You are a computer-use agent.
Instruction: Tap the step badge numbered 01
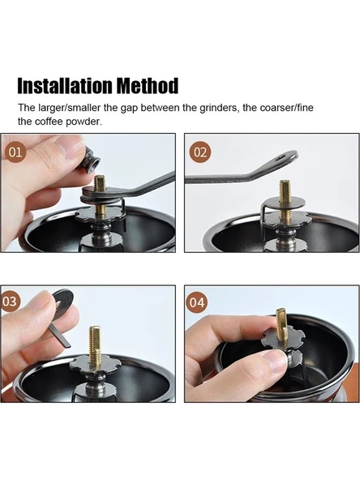click(x=15, y=152)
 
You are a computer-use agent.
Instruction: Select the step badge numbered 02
click(x=200, y=152)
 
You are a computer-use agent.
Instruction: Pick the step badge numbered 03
click(x=10, y=302)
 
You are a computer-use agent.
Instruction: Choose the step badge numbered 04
click(x=196, y=302)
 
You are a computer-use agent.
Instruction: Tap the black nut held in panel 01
click(x=92, y=160)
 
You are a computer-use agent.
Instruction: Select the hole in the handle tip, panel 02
click(x=281, y=158)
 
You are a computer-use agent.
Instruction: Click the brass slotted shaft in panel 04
click(x=281, y=324)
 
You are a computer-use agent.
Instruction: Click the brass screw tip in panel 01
click(x=100, y=182)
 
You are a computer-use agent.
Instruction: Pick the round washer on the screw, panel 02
click(x=285, y=203)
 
